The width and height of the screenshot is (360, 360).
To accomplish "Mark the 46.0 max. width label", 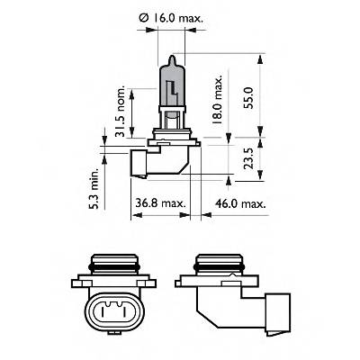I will coord(241,204).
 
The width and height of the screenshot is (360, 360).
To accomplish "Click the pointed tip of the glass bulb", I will coord(170,56).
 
